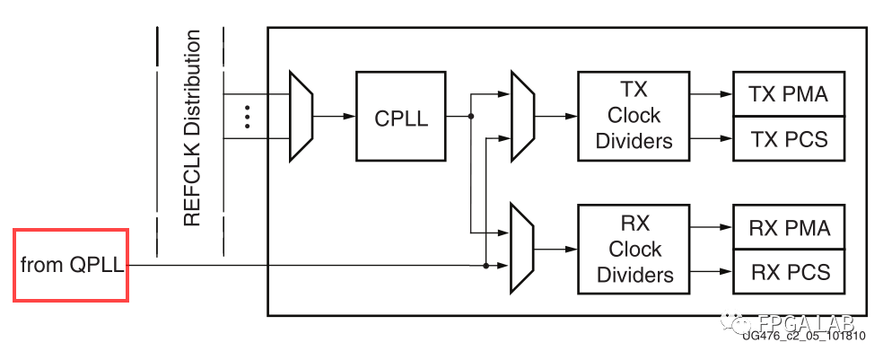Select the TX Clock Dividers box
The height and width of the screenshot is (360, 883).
[634, 117]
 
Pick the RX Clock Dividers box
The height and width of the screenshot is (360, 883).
[634, 249]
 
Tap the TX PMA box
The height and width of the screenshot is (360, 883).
[789, 93]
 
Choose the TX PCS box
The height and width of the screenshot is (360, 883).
[789, 139]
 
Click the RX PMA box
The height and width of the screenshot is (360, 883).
[789, 227]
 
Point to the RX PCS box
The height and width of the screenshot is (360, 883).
[789, 271]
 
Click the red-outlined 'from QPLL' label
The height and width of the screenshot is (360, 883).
[71, 266]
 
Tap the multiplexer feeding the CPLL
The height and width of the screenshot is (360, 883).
[301, 117]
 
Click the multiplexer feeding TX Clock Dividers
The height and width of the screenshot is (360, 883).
[521, 117]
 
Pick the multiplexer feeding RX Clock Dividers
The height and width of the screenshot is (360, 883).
[521, 249]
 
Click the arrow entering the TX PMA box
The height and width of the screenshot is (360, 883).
[718, 93]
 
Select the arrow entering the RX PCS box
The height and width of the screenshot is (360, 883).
[718, 271]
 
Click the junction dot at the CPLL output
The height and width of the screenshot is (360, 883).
[470, 117]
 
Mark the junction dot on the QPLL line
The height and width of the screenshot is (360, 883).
[485, 266]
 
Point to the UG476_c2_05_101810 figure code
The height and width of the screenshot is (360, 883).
[803, 336]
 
